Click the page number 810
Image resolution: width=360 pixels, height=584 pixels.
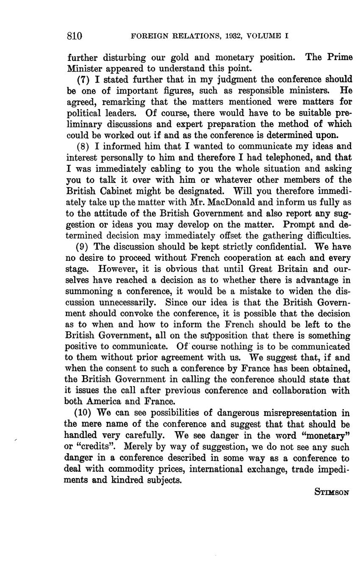coord(74,36)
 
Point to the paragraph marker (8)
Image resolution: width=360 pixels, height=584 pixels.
coord(83,147)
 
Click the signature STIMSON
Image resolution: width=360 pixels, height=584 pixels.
coord(332,492)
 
